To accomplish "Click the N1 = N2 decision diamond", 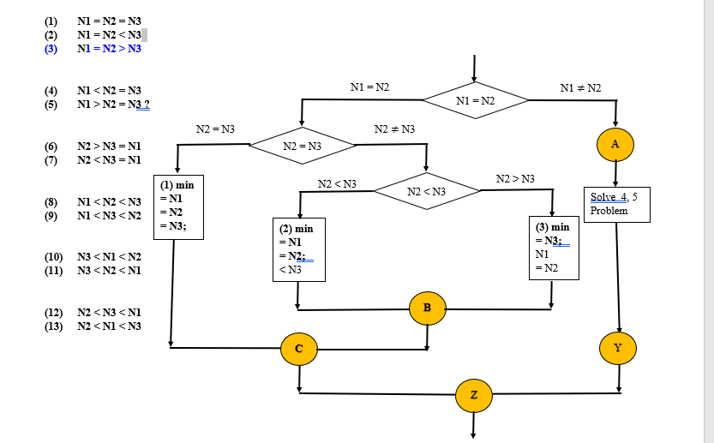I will tap(476, 101).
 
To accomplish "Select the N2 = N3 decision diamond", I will tap(302, 147).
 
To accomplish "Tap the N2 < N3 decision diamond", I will tap(426, 191).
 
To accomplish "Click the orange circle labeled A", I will tap(615, 145).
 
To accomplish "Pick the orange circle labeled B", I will tap(428, 308).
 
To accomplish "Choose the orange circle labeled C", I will tap(299, 348).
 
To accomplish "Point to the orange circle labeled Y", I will tap(618, 347).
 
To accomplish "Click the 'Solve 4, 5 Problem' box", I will tap(615, 204).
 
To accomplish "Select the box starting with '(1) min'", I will tap(178, 207).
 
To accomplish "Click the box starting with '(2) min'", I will tap(297, 249).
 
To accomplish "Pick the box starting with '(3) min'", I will tap(553, 247).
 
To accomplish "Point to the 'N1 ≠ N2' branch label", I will tap(580, 88).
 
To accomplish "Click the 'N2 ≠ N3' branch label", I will tap(395, 129).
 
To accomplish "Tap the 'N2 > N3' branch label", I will tap(515, 178).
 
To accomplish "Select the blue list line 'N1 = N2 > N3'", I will tap(109, 49).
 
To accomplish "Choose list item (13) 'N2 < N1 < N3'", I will tap(109, 326).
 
